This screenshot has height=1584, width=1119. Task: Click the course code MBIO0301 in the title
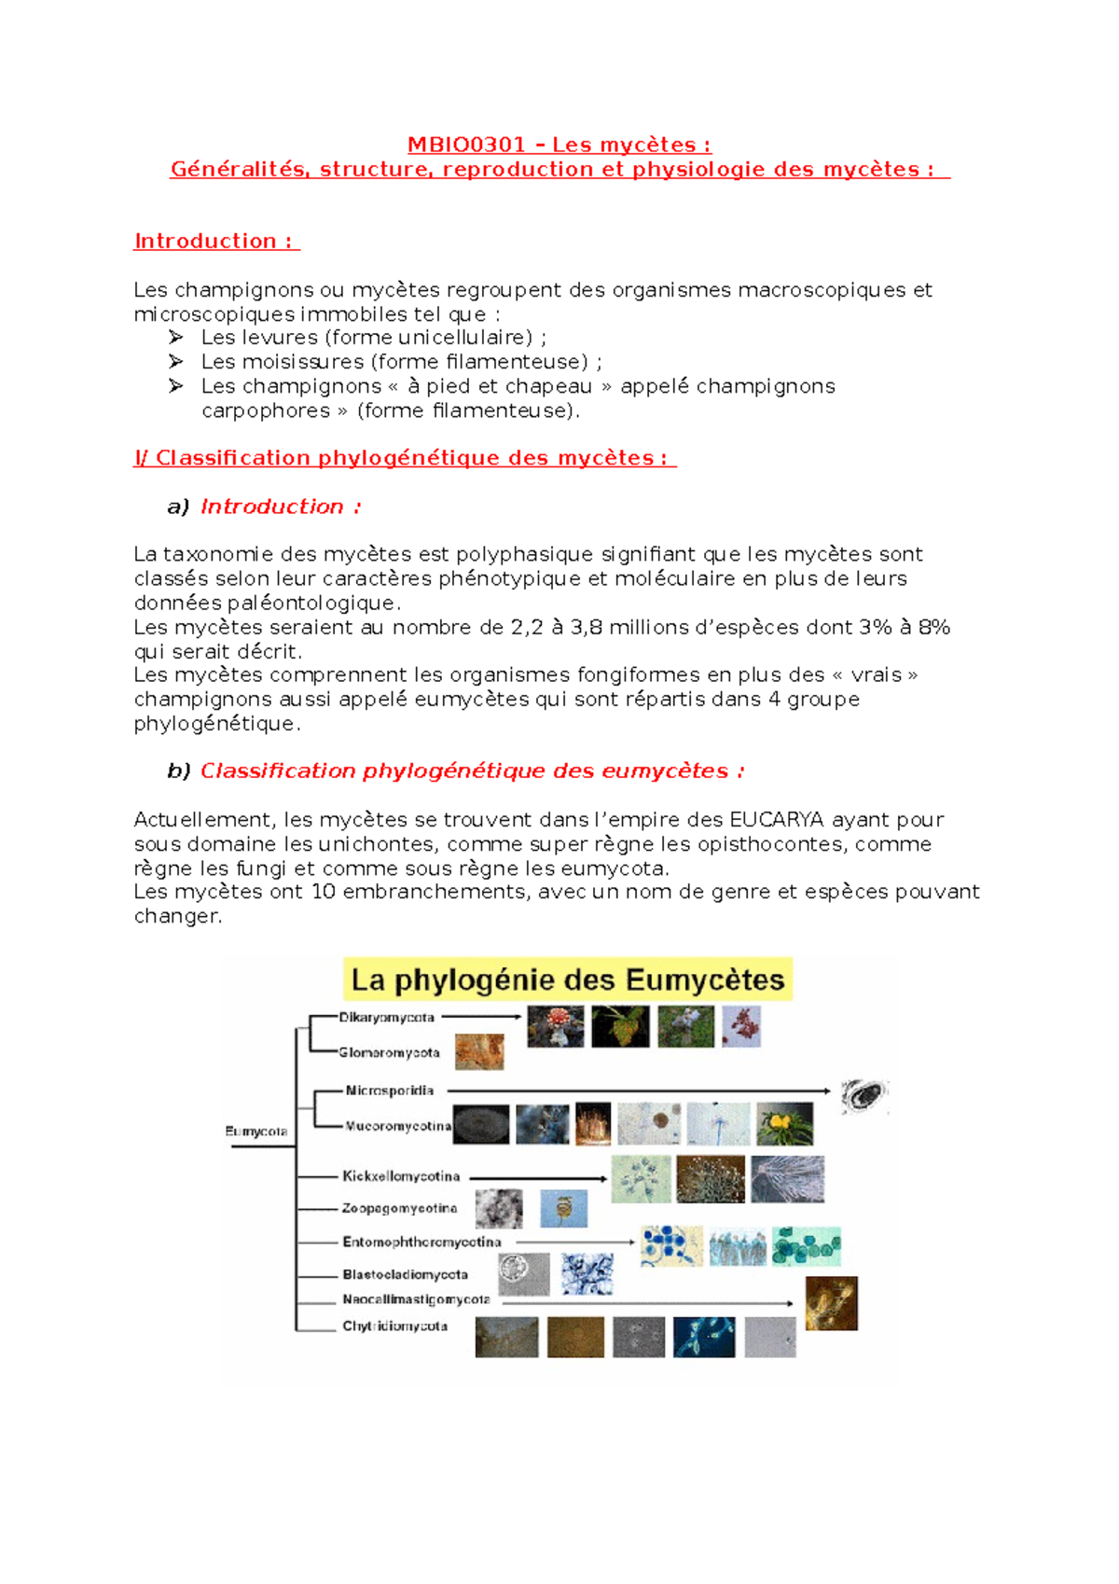point(466,145)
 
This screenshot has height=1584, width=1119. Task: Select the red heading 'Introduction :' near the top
point(215,241)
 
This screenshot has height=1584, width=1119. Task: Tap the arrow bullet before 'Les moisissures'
point(176,362)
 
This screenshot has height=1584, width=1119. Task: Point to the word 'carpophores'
point(265,410)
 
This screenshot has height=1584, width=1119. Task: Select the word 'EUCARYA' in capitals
point(776,820)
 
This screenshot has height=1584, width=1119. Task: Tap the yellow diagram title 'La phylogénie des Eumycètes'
point(567,980)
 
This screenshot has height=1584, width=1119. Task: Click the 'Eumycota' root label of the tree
point(256,1132)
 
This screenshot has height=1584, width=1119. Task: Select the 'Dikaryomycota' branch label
point(386,1018)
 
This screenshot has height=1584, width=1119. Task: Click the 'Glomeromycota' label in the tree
point(389,1053)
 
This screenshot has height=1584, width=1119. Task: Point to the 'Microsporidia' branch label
point(389,1091)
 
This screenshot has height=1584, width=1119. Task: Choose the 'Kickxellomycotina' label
point(401,1176)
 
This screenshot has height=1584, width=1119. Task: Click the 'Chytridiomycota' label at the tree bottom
point(394,1327)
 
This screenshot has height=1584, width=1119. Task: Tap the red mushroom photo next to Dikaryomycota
point(556,1026)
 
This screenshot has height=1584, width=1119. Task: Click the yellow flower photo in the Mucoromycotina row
point(784,1124)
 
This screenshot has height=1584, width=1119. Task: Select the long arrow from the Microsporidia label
point(639,1091)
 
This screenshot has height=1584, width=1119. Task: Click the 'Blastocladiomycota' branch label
point(405,1274)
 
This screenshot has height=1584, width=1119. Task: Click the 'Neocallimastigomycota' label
point(416,1299)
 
